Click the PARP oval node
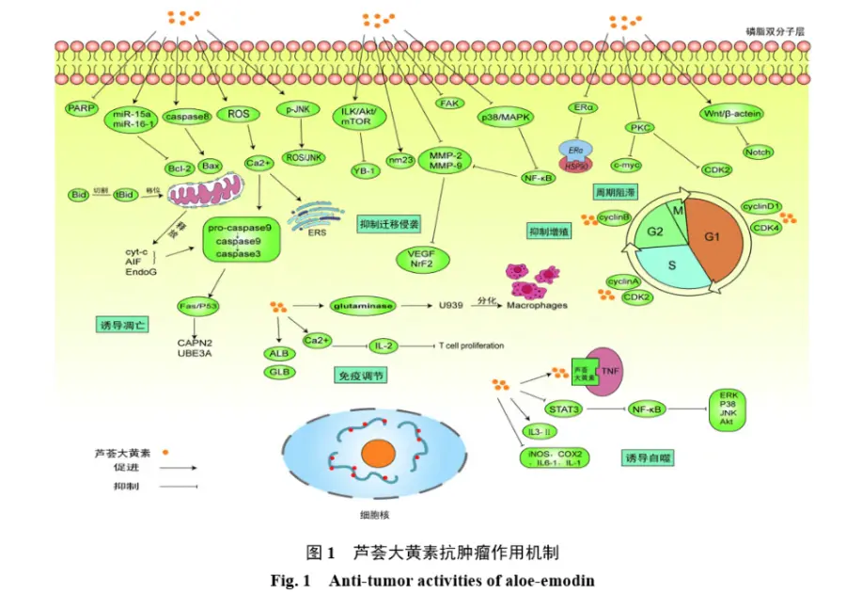pyautogui.click(x=81, y=109)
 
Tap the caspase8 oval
pyautogui.click(x=185, y=116)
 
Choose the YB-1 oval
pyautogui.click(x=364, y=170)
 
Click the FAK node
pyautogui.click(x=448, y=101)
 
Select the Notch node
pyautogui.click(x=758, y=152)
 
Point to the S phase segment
pyautogui.click(x=672, y=266)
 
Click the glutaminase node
pyautogui.click(x=362, y=305)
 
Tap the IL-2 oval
pyautogui.click(x=382, y=345)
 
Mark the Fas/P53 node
pyautogui.click(x=198, y=305)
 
